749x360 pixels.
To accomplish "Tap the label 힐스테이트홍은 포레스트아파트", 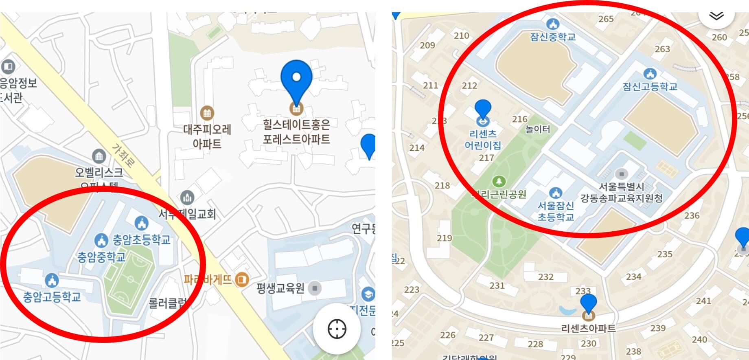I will [x=296, y=132].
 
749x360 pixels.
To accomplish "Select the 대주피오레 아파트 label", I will [x=207, y=136].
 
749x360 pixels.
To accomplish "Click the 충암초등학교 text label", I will [x=141, y=240].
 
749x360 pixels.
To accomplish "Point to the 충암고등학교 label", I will [x=52, y=297].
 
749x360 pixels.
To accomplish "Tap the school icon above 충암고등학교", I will [x=52, y=280].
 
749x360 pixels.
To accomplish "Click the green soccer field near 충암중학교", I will [x=128, y=279].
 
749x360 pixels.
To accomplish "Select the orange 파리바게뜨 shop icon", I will [x=242, y=279].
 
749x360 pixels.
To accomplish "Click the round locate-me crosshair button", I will [x=337, y=329].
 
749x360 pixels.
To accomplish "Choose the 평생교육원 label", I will [x=280, y=289].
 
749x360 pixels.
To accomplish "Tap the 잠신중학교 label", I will [x=553, y=37].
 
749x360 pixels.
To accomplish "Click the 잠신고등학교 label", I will [x=650, y=87].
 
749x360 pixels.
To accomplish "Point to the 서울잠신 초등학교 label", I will [x=556, y=211].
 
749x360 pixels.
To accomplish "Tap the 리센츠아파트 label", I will [x=588, y=328].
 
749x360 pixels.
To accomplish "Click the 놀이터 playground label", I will [x=538, y=130].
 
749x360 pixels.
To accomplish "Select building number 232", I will [x=546, y=277].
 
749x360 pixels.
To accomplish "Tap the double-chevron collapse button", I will [x=716, y=15].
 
